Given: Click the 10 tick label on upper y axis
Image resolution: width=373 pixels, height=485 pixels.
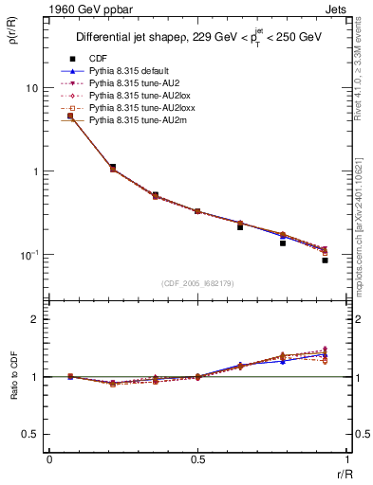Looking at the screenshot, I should [31, 88].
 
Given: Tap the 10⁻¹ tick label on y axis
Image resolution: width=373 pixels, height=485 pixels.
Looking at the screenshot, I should [28, 255].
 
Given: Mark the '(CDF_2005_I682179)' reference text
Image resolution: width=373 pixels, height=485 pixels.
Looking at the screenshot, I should [196, 283].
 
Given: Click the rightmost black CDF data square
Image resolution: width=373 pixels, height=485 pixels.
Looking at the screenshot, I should [325, 260].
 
